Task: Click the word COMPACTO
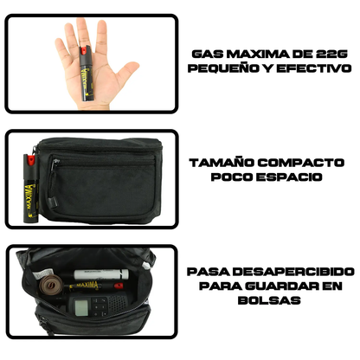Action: pos(301,163)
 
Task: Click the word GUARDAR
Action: pos(283,286)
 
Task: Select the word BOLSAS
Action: pos(269,300)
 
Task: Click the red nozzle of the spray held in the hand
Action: pos(83,51)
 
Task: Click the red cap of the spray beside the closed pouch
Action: pos(30,159)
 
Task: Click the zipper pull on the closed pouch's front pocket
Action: pos(54,202)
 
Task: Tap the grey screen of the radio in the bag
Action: pos(80,306)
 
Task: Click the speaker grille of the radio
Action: pos(117,305)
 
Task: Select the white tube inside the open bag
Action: pos(101,274)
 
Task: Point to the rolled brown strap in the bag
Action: pos(50,285)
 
